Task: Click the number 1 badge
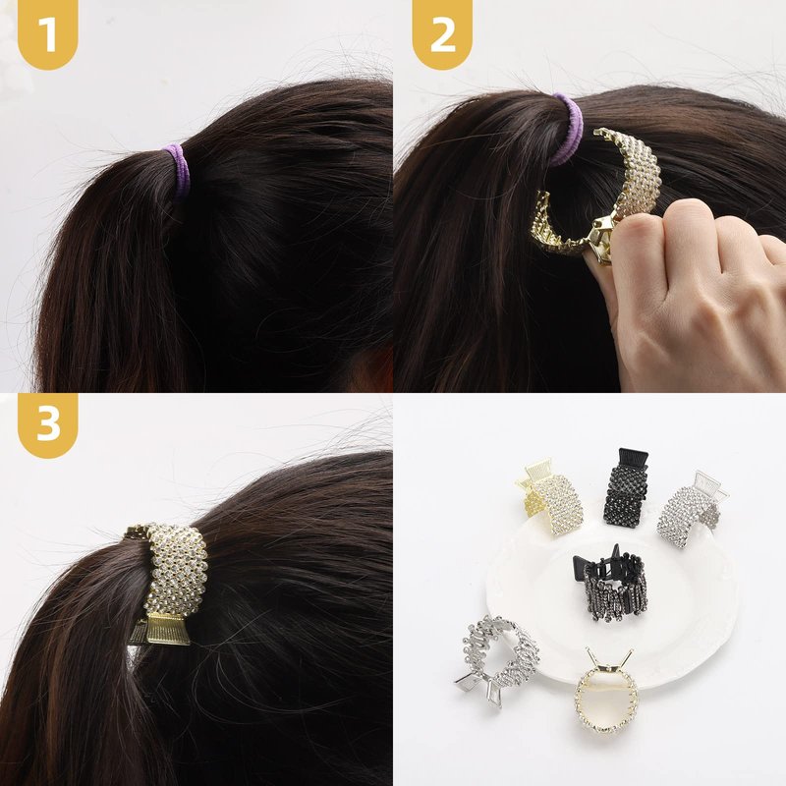point(47,33)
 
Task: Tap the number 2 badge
point(442,33)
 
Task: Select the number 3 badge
point(47,424)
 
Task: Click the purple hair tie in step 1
point(177,170)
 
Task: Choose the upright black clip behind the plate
point(625,487)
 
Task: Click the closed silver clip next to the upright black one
point(692,509)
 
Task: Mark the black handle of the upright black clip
point(633,459)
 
